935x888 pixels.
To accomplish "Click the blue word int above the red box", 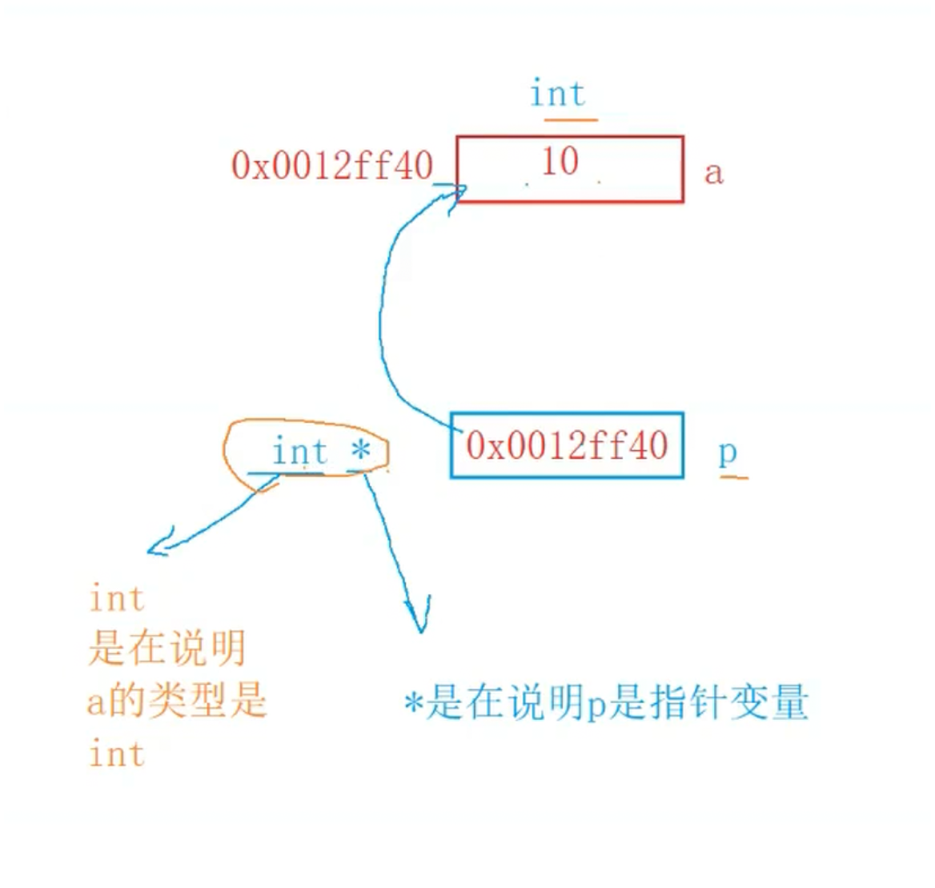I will click(x=558, y=94).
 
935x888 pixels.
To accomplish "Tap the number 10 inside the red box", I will click(x=560, y=162).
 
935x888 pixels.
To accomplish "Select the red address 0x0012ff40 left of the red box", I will click(x=332, y=167).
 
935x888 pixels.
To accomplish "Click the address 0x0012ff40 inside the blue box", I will click(x=567, y=446).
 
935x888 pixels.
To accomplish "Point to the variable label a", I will click(x=713, y=173).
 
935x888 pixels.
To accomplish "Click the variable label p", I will click(x=727, y=453).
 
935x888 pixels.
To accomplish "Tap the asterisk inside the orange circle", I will click(x=360, y=450).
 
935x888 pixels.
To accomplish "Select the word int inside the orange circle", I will click(x=299, y=452).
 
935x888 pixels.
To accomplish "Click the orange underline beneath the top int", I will click(x=571, y=120).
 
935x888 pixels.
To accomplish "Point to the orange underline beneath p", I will click(x=734, y=477).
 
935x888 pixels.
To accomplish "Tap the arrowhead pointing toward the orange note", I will click(x=157, y=544).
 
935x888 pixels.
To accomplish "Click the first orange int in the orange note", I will click(x=117, y=599).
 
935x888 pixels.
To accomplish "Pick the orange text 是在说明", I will click(x=167, y=649).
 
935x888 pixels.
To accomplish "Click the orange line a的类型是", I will click(x=176, y=701).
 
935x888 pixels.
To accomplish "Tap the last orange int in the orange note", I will click(x=117, y=754).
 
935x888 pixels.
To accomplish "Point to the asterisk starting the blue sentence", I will click(x=414, y=705).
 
